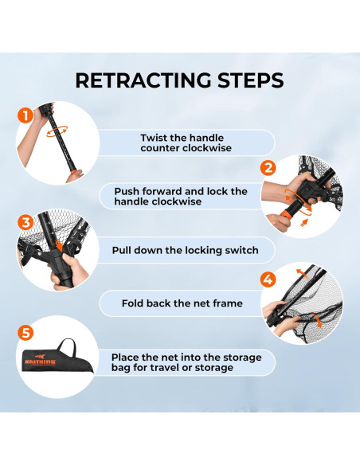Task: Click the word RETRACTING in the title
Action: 143,80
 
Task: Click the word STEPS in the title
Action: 251,80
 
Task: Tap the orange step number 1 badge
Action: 25,115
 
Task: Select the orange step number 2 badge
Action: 268,168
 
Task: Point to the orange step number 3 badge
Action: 25,222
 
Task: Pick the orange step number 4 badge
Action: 268,279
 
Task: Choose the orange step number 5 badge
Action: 25,333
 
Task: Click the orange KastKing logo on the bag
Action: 41,360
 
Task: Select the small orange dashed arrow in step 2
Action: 303,223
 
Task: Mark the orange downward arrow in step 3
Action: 59,245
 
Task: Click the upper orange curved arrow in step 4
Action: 302,273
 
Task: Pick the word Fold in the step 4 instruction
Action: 132,303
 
